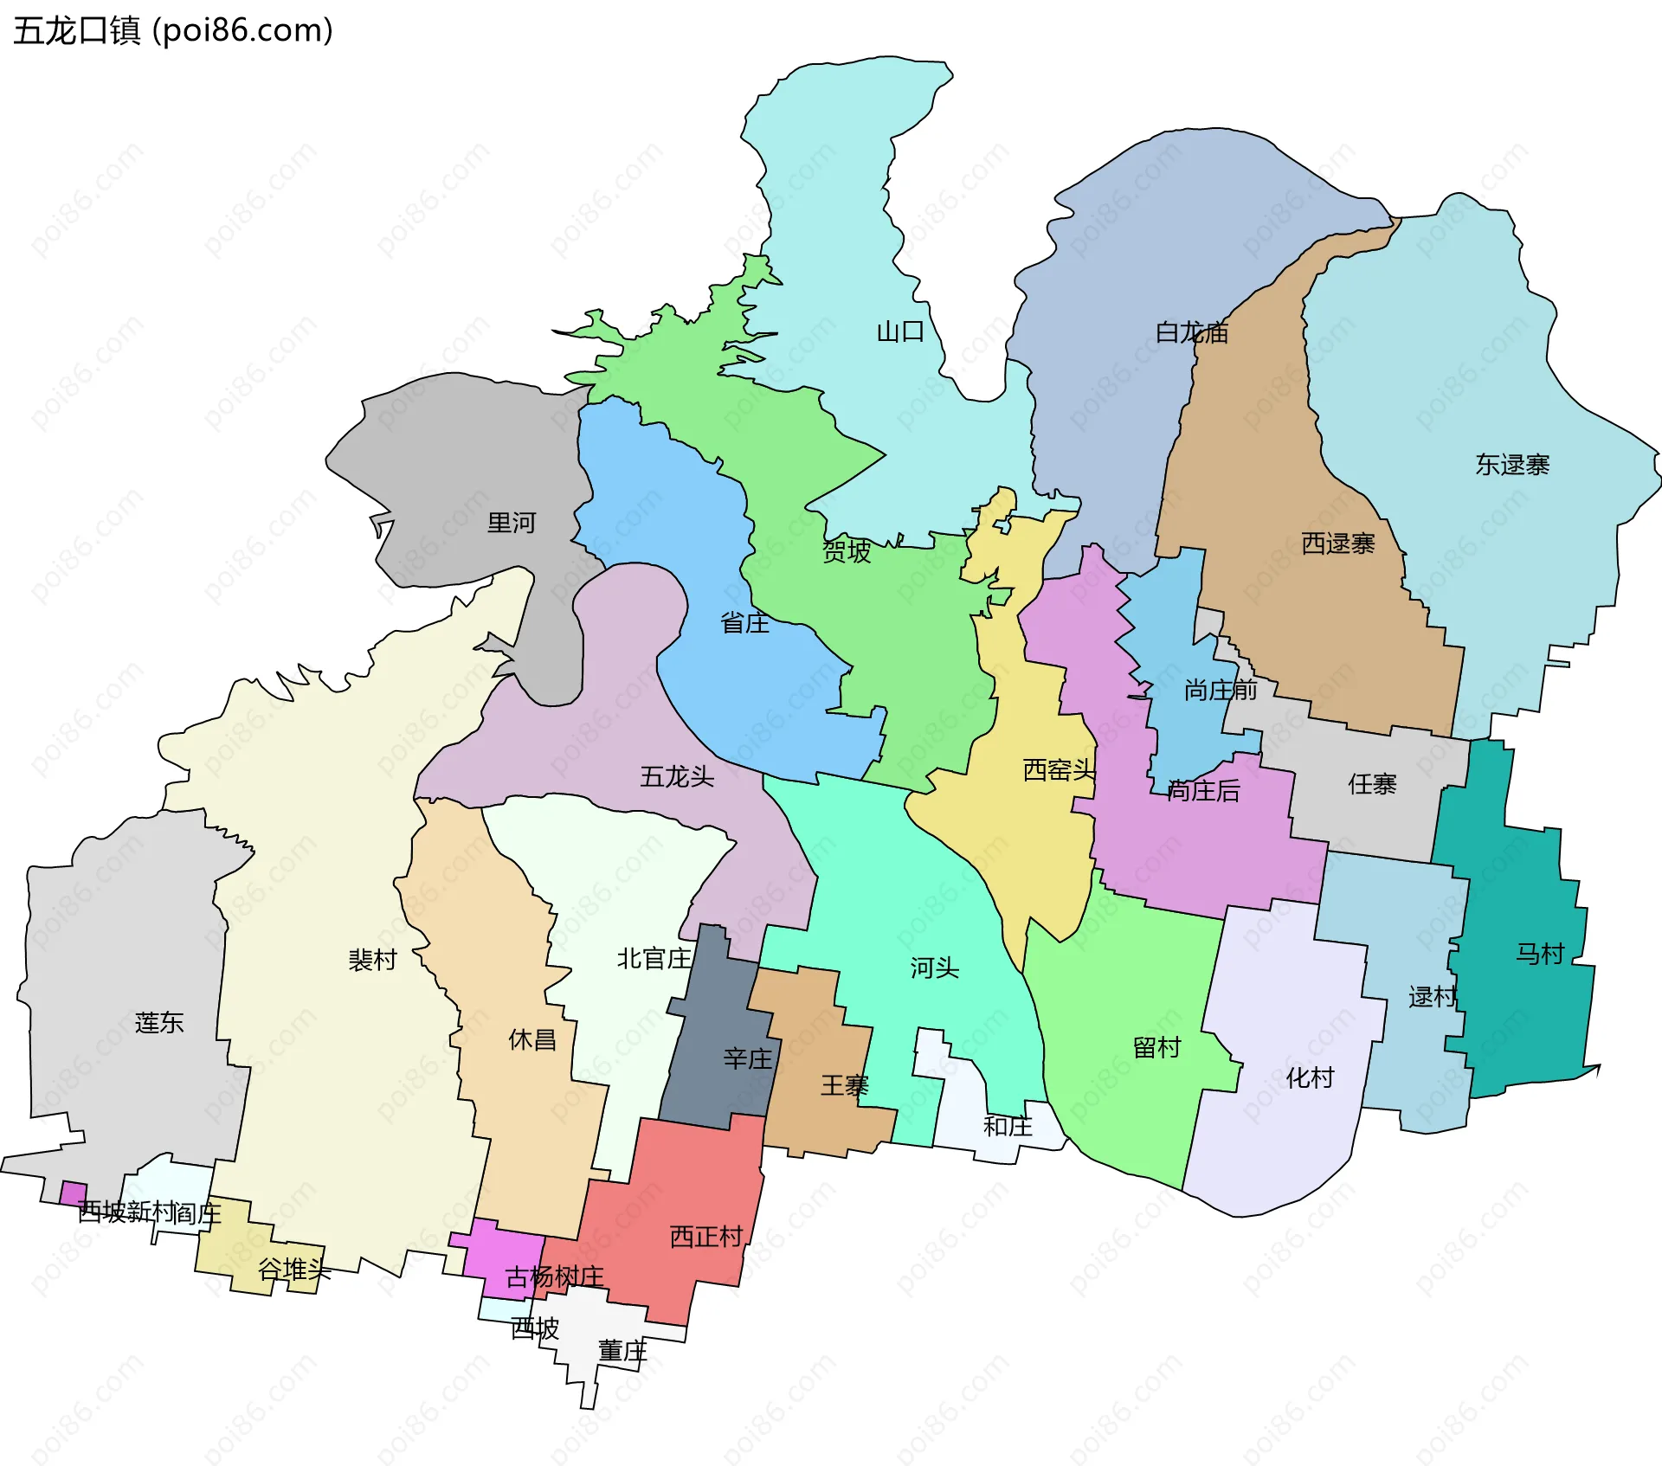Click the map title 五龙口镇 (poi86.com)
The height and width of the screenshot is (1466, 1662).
pos(173,31)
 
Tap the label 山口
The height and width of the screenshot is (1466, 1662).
pos(900,331)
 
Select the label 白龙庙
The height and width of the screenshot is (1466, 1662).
pos(1192,332)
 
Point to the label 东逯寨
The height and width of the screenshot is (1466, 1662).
pos(1512,465)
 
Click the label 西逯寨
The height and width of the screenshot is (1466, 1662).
pos(1338,543)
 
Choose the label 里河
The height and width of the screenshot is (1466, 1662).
pos(512,523)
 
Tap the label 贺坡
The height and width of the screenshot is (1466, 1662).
pos(847,551)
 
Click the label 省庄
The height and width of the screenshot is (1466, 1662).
pos(744,622)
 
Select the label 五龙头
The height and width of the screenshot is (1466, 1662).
pos(677,776)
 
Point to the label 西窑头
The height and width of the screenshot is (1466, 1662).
pos(1059,769)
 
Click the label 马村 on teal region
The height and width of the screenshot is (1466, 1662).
pos(1540,954)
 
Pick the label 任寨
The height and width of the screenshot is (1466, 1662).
pos(1372,784)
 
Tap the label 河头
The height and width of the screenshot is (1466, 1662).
pos(934,968)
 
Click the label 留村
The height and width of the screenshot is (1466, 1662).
pos(1156,1047)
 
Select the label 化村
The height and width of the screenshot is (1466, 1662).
pos(1310,1077)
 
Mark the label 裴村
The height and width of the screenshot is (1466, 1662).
pos(372,959)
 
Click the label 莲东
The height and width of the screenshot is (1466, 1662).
pos(159,1022)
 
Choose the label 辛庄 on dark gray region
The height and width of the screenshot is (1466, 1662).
pos(747,1058)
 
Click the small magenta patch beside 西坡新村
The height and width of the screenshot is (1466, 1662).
pos(73,1193)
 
